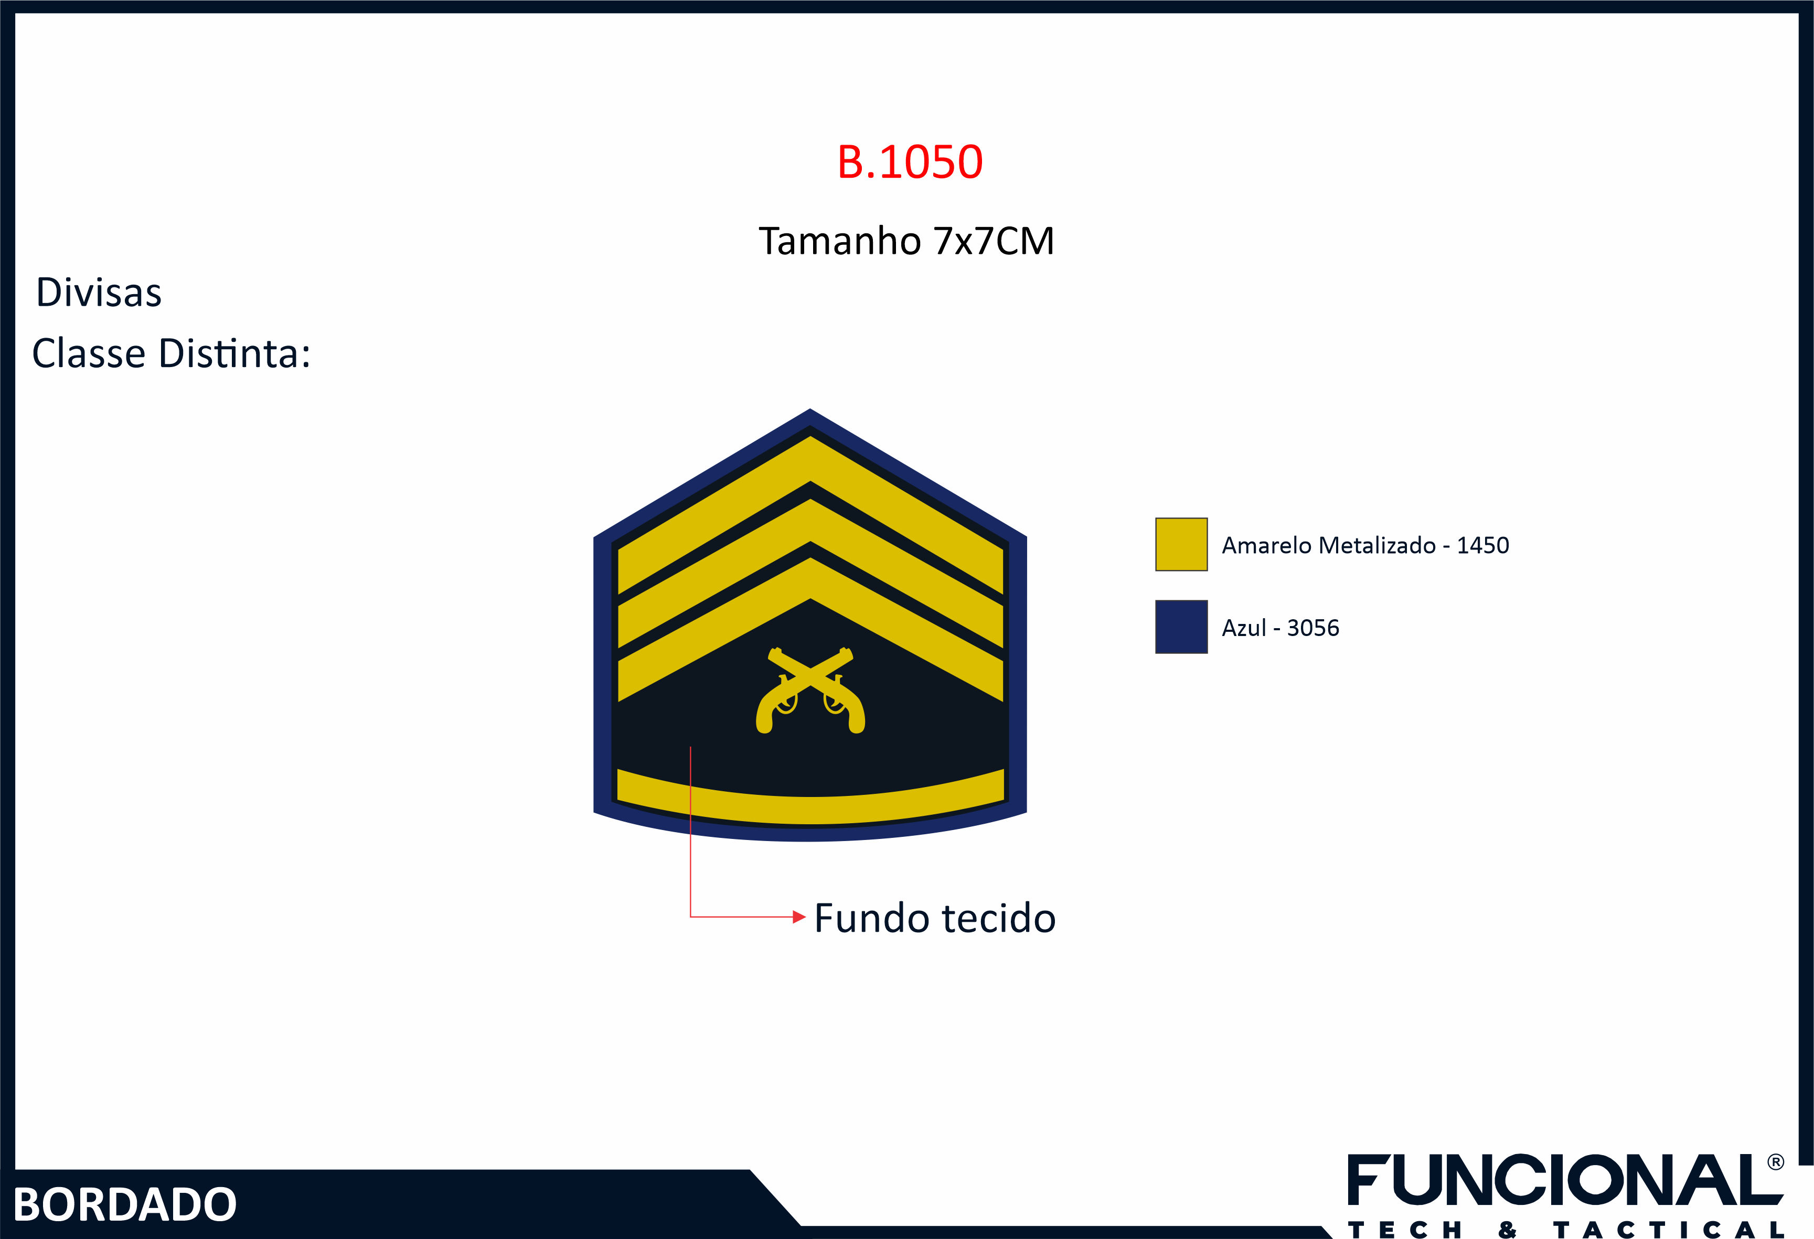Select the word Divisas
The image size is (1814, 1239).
tap(99, 293)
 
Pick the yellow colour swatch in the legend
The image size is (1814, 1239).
tap(1181, 545)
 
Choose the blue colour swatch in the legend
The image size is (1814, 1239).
tap(1181, 627)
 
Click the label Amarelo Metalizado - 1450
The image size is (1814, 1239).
tap(1365, 545)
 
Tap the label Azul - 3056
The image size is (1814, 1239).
tap(1280, 628)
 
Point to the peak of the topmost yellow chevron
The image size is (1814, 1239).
tap(810, 436)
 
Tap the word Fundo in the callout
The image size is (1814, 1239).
tap(868, 918)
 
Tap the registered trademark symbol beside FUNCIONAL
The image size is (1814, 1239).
tap(1776, 1162)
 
